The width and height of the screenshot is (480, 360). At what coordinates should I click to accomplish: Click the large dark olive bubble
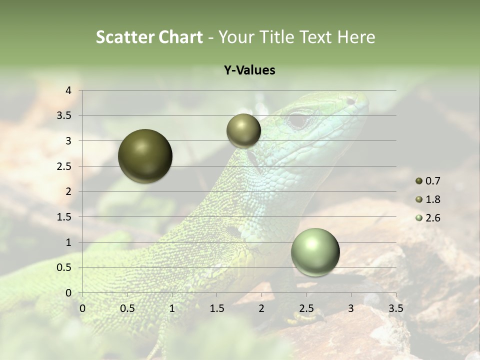click(145, 156)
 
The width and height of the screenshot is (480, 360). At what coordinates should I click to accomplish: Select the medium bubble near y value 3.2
click(243, 130)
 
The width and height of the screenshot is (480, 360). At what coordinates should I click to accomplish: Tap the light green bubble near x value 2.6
click(315, 252)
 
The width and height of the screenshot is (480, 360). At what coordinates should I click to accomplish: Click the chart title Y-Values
click(249, 70)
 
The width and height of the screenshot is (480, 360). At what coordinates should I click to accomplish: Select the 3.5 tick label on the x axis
click(395, 308)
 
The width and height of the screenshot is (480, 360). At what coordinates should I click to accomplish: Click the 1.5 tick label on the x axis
click(216, 308)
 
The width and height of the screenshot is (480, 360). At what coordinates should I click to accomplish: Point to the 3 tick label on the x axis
click(350, 308)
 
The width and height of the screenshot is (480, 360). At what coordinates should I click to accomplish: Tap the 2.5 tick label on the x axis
click(306, 308)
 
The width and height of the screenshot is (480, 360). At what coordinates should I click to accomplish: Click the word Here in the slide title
click(356, 37)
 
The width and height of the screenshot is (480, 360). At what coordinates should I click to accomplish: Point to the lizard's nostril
click(351, 101)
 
